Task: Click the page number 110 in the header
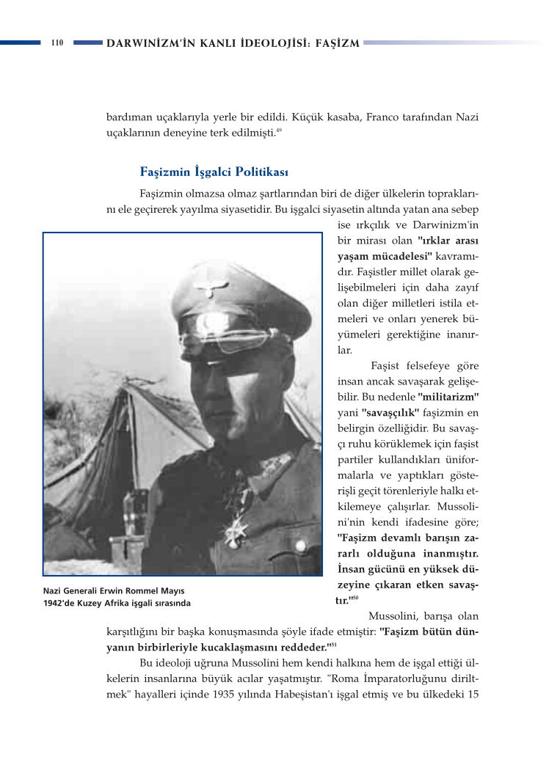click(57, 43)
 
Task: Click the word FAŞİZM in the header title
click(340, 43)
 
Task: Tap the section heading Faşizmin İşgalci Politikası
click(214, 172)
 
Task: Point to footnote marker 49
click(279, 131)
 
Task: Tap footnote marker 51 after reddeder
click(333, 645)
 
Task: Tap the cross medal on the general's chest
click(236, 528)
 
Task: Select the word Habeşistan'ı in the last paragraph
click(349, 695)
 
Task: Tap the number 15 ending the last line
click(473, 695)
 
